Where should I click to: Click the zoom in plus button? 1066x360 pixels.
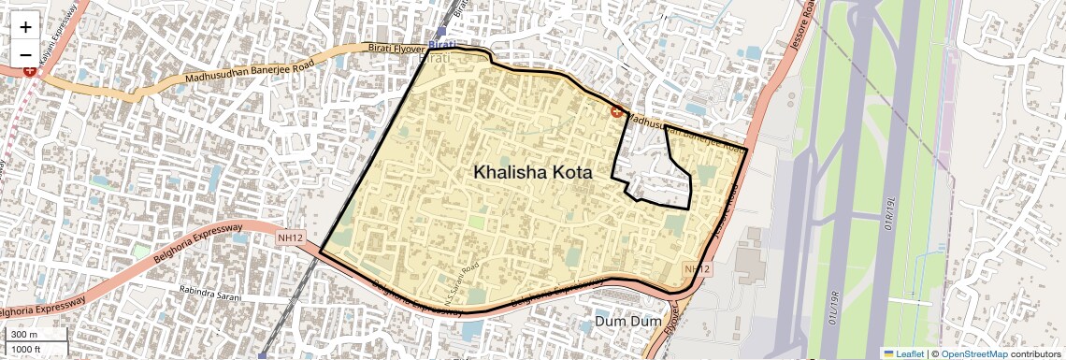coord(25,27)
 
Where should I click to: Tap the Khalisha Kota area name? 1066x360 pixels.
coord(533,172)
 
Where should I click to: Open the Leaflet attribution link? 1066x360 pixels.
coord(910,353)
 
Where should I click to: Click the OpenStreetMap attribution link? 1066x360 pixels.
coord(973,353)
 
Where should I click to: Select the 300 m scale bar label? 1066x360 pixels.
coord(24,334)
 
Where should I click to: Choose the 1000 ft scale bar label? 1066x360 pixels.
coord(28,349)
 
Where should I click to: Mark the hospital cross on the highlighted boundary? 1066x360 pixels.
coord(617,112)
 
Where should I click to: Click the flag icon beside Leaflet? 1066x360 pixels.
coord(889,353)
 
